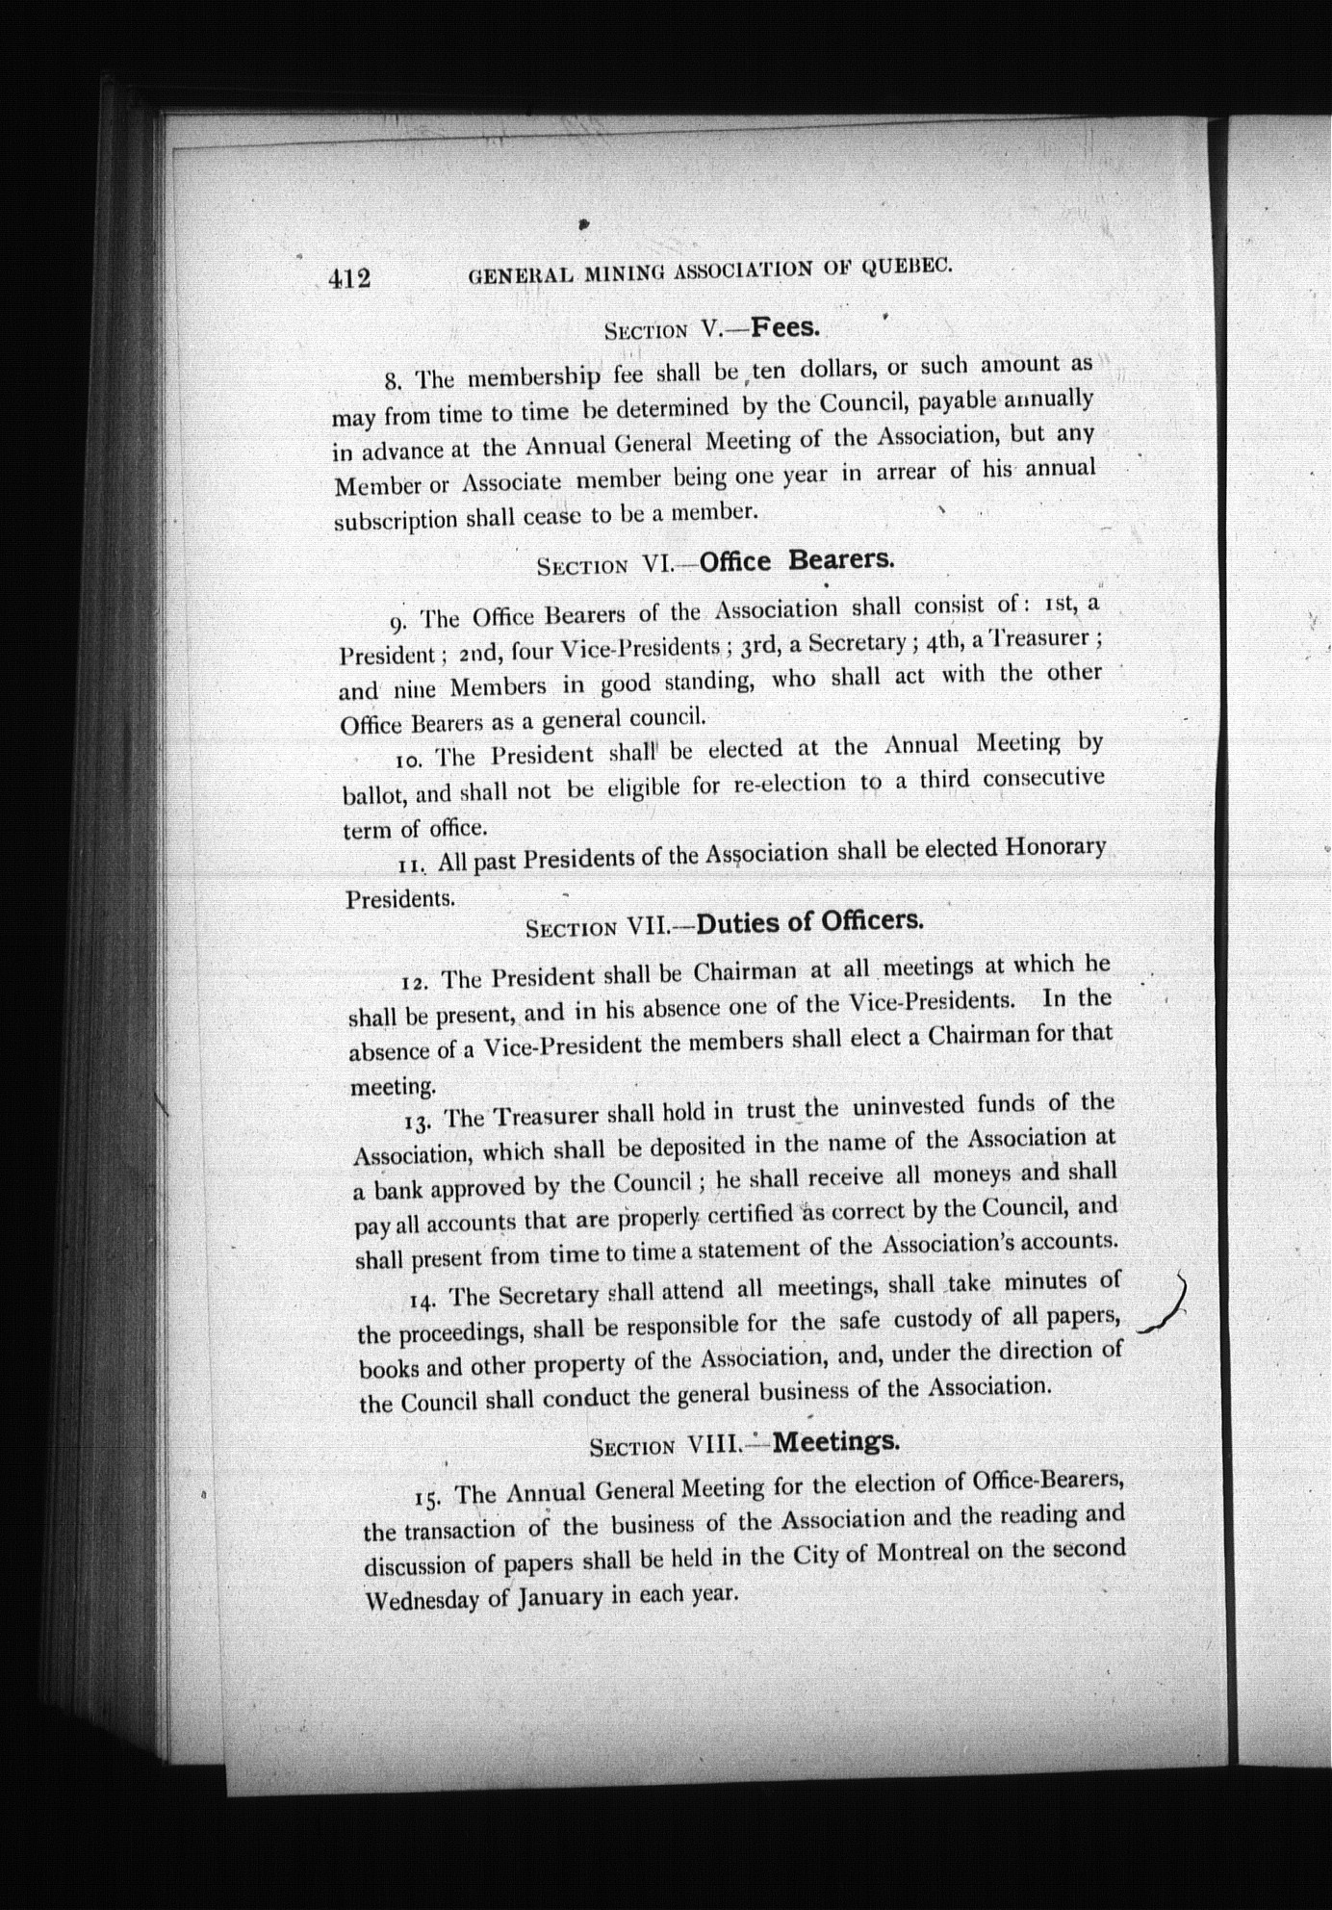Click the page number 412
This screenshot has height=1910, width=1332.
(x=348, y=278)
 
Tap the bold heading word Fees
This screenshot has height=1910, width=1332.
(x=785, y=327)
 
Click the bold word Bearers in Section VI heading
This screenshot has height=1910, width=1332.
(x=842, y=559)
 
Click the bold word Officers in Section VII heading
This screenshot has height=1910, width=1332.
(x=871, y=920)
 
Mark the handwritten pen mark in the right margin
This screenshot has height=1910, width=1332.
(x=1164, y=1305)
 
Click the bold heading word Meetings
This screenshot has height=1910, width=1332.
(x=835, y=1441)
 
